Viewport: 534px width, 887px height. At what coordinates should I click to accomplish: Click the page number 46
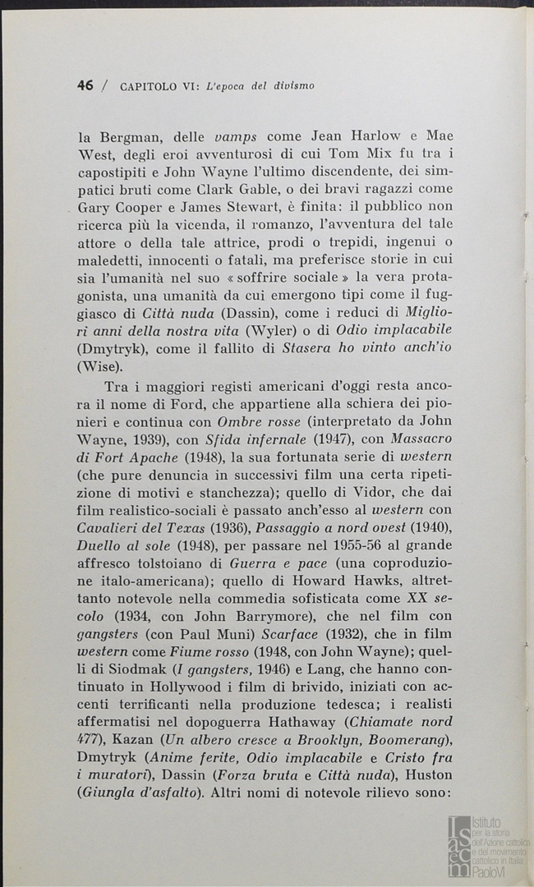tap(85, 85)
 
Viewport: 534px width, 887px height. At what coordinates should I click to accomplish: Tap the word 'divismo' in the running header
tap(294, 85)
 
